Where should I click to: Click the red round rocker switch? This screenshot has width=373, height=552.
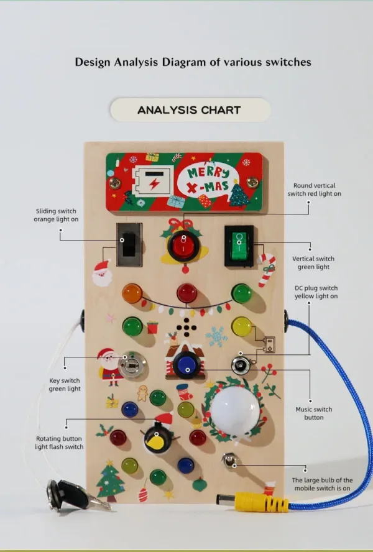click(183, 246)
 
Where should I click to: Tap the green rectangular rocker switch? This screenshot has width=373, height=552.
click(239, 246)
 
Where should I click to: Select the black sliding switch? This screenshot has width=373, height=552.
click(129, 244)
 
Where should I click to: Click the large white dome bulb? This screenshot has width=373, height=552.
click(235, 412)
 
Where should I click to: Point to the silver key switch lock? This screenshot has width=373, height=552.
click(132, 365)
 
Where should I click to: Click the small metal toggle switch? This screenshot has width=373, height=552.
click(229, 461)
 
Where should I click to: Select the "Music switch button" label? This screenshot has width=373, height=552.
click(314, 413)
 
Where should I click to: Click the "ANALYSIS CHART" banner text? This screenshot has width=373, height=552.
click(189, 110)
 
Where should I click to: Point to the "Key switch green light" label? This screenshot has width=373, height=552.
click(65, 384)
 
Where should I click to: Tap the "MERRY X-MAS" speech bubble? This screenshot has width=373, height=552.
click(208, 182)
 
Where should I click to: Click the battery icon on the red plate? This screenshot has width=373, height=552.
click(153, 182)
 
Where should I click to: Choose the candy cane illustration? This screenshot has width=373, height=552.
click(266, 270)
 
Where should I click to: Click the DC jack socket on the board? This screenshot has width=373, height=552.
click(242, 365)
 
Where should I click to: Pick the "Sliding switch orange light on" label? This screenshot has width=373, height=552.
click(56, 215)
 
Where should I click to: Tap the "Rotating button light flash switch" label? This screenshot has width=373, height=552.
click(59, 443)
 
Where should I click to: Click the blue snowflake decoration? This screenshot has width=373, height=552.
click(216, 336)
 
